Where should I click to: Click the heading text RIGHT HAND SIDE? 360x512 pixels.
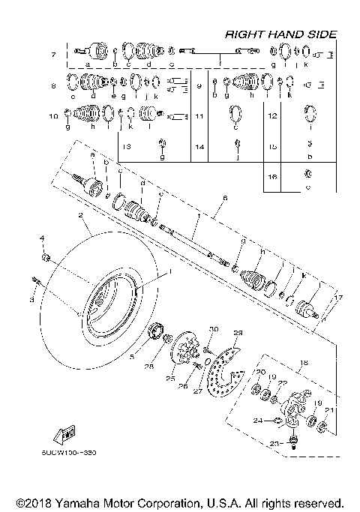point(281,34)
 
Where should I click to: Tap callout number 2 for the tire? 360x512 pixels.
point(79,216)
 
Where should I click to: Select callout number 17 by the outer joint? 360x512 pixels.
point(339,298)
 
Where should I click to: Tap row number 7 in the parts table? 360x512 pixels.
point(53,55)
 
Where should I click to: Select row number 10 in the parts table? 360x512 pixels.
point(53,117)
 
